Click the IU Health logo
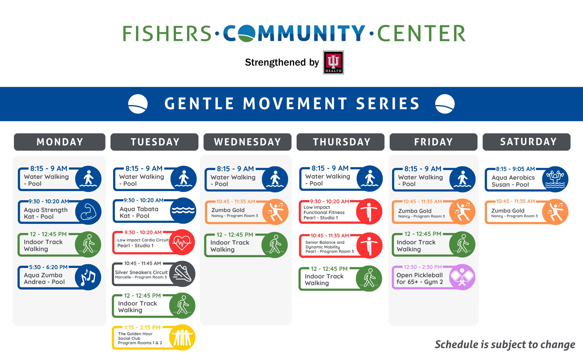coord(333,62)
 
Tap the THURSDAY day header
coord(340,142)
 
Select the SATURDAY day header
coord(526,142)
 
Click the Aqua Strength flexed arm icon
coord(88,211)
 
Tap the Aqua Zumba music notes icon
coord(88,277)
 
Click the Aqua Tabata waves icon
coord(183,210)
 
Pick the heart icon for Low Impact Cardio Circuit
coord(182,242)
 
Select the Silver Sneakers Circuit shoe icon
coord(182,274)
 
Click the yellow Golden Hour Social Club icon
coord(182,337)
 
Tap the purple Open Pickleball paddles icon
coord(462,277)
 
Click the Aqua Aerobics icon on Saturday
coord(555,179)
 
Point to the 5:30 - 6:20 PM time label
coord(48,267)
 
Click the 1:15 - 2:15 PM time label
coord(142,327)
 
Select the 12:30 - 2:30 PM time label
coord(423,267)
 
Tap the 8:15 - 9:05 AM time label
coord(515,169)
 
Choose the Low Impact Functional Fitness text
coord(324,210)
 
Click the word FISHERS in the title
coord(167,33)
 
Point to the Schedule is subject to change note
coord(505,345)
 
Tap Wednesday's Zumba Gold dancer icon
coord(275,212)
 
